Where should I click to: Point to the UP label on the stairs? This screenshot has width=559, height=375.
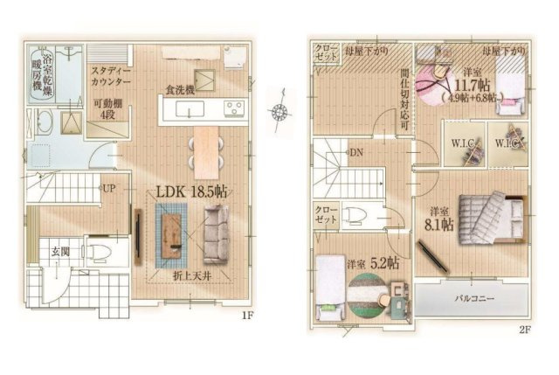[109, 188]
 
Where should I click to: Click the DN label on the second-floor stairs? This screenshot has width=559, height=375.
[356, 154]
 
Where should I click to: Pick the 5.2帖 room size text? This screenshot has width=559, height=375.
[384, 262]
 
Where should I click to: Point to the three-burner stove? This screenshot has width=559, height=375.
[234, 108]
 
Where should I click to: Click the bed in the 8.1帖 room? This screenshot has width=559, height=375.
[489, 215]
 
